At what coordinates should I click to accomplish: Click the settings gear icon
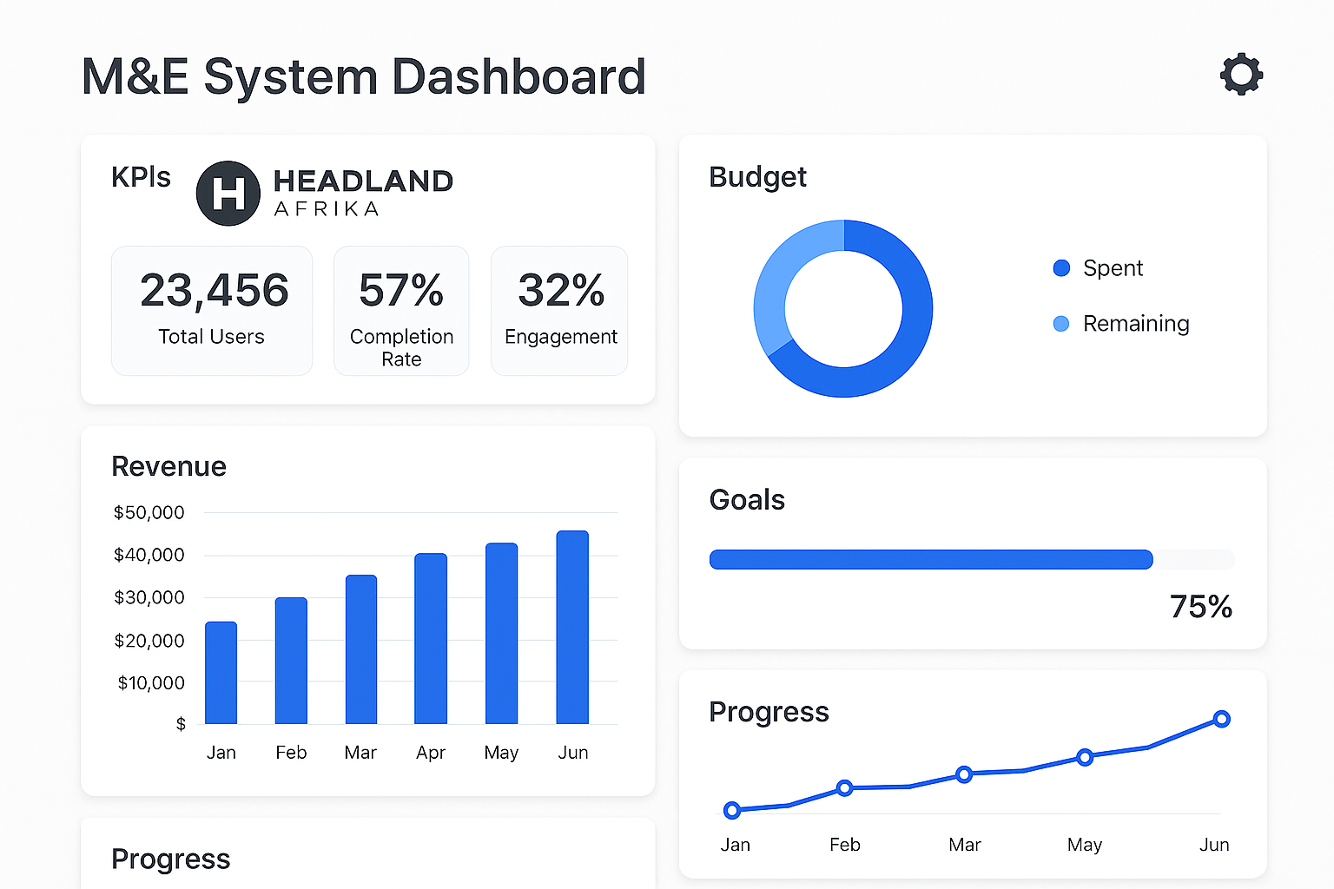coord(1241,75)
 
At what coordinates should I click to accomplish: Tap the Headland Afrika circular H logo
coord(228,193)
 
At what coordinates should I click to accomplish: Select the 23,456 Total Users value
coord(214,290)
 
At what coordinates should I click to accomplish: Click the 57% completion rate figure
coord(401,290)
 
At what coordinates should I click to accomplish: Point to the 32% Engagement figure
coord(561,290)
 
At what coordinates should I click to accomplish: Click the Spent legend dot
coord(1061,268)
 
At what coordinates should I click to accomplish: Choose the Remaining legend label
coord(1135,324)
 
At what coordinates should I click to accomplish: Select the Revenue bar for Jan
coord(221,673)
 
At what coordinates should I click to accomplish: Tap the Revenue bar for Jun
coord(572,627)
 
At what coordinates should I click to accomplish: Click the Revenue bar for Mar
coord(361,649)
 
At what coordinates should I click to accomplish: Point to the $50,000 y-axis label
coord(149,512)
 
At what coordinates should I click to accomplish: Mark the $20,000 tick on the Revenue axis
coord(149,641)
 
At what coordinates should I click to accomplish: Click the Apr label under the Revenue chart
coord(431,753)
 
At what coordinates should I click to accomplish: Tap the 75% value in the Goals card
coord(1200,607)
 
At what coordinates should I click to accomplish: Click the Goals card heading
coord(747,500)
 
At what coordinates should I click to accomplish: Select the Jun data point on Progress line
coord(1221,719)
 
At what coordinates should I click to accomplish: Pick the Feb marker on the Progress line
coord(844,788)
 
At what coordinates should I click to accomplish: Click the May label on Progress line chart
coord(1084,845)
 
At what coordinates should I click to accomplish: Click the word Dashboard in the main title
coord(518,76)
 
